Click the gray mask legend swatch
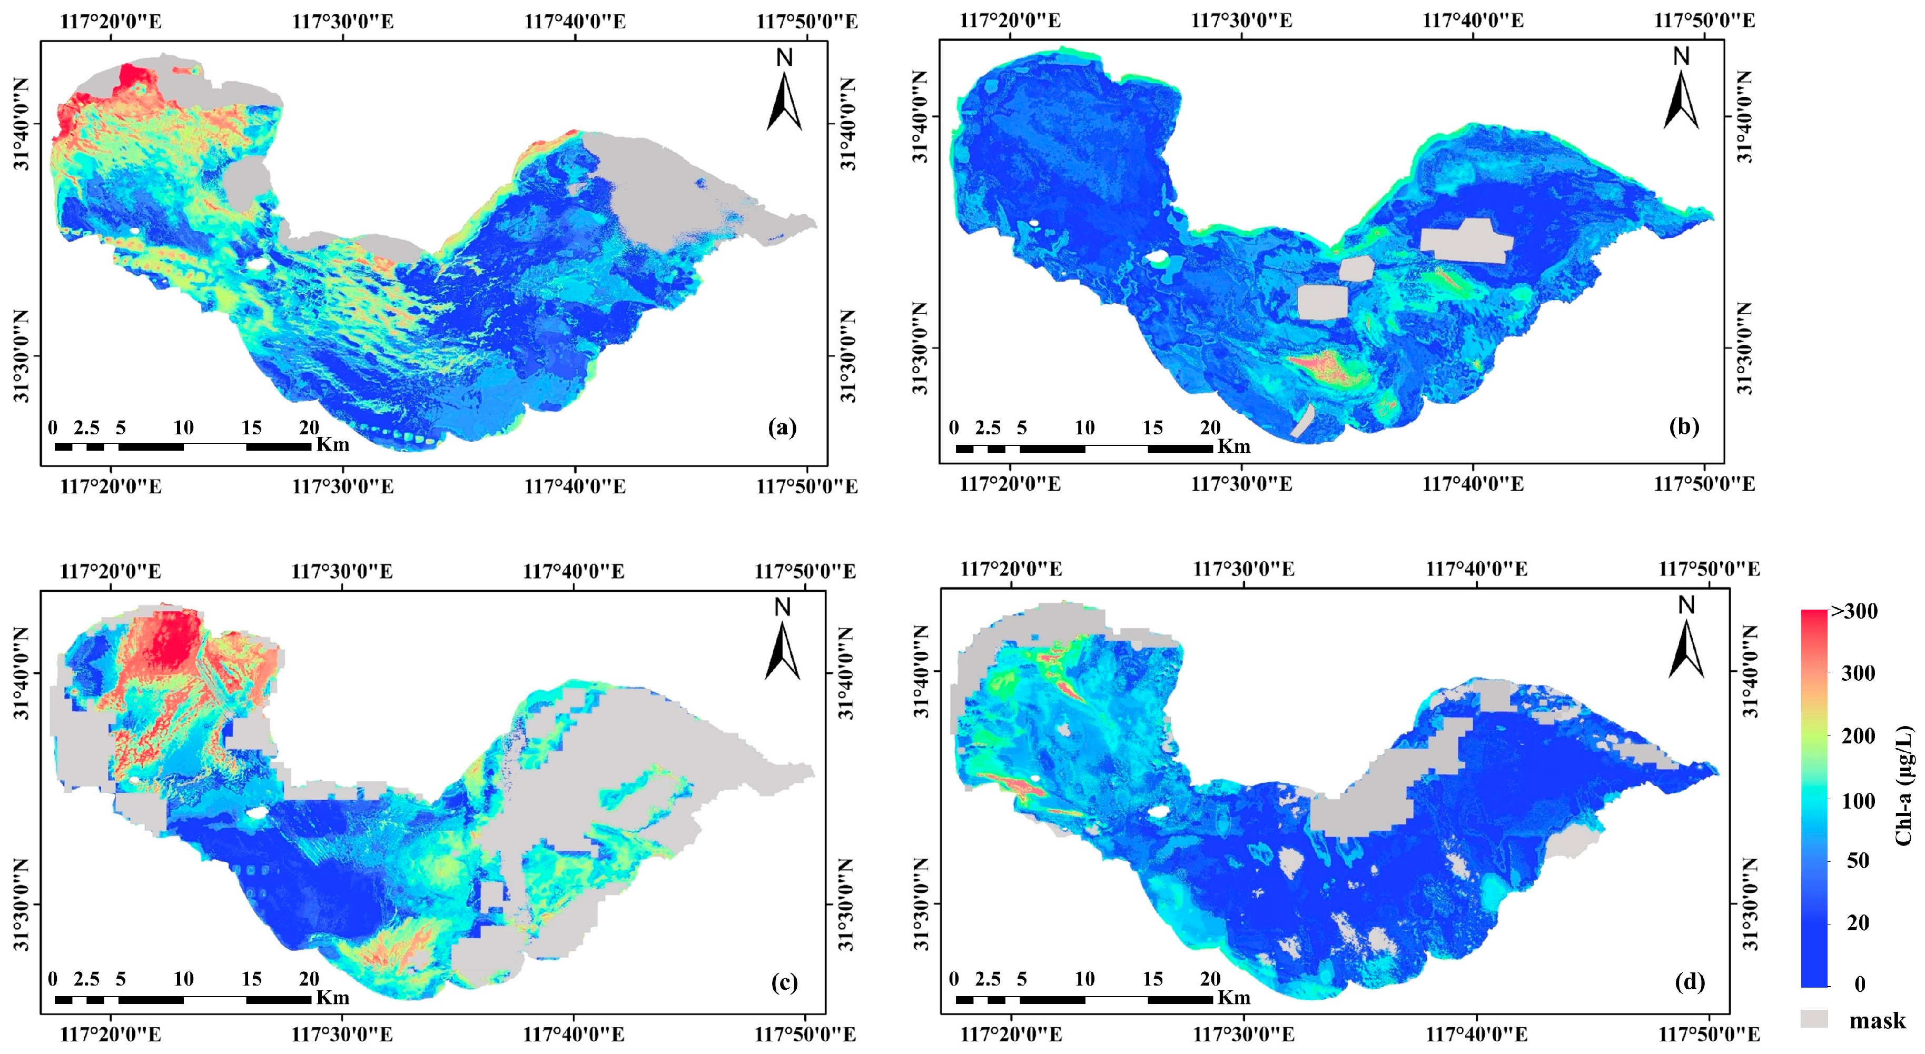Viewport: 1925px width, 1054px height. [x=1814, y=1019]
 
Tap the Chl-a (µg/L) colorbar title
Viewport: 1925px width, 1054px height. [x=1904, y=785]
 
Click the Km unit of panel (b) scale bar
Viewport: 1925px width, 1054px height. [x=1234, y=446]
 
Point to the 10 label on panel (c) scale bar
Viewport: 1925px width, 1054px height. [x=183, y=979]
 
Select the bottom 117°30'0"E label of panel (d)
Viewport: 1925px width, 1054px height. [x=1243, y=1034]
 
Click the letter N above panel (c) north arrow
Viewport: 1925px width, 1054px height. [x=783, y=608]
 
